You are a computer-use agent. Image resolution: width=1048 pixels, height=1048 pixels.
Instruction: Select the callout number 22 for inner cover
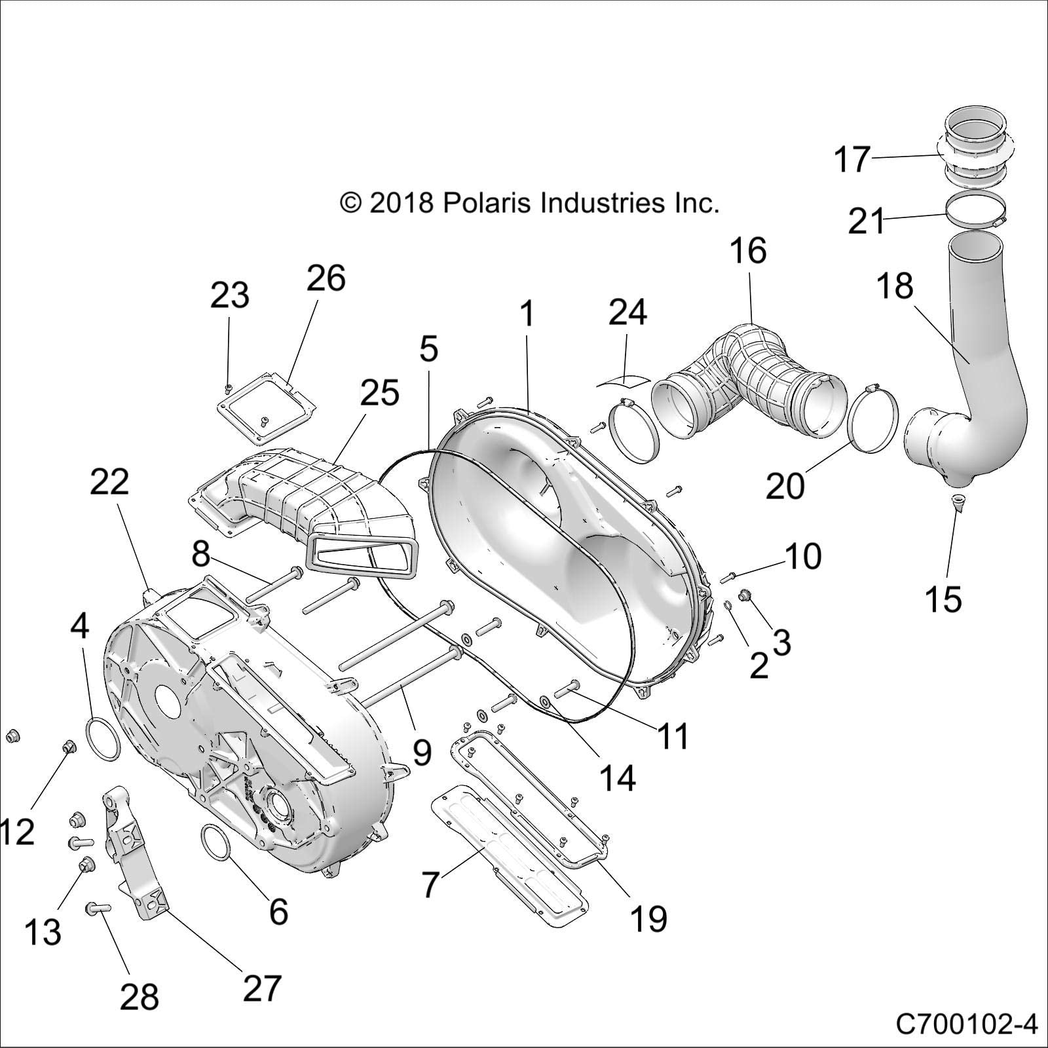click(x=109, y=483)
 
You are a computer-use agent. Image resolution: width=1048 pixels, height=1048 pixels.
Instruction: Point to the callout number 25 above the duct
click(x=379, y=392)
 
